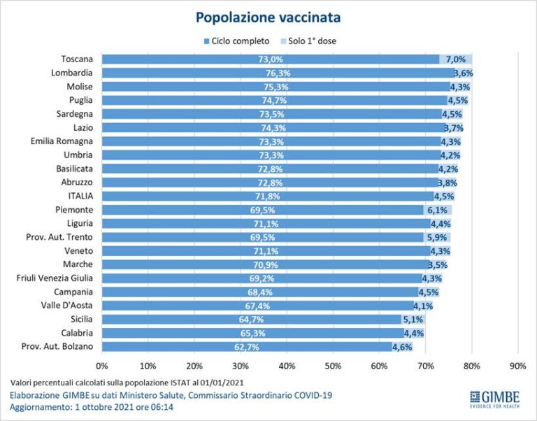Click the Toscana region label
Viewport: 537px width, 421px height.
[78, 59]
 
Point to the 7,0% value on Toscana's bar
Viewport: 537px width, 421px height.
[455, 59]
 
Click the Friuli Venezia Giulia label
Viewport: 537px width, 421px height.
[55, 278]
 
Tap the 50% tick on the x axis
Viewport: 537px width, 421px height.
[333, 365]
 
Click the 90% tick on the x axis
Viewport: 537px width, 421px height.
[518, 365]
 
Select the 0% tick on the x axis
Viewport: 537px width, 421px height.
[102, 365]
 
